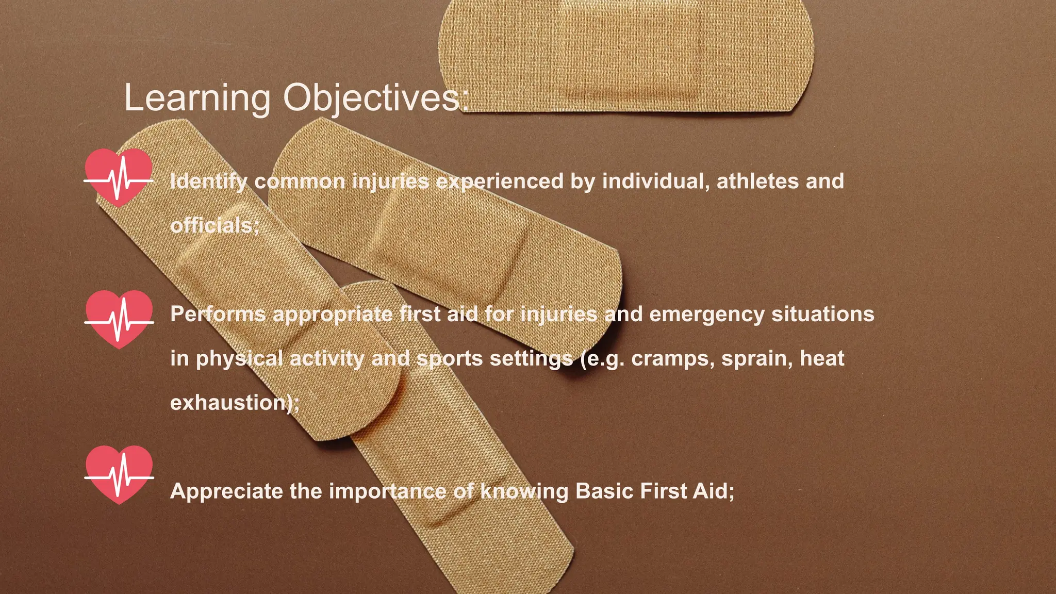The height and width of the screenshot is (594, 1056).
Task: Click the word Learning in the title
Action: (197, 98)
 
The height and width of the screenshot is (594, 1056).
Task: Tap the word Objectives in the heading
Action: (371, 98)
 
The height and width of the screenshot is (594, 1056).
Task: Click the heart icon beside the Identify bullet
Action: (119, 178)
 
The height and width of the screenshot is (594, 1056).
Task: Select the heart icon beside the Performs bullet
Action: (119, 319)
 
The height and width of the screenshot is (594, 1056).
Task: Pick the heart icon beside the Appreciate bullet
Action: (119, 474)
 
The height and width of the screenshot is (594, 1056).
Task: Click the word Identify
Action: (208, 181)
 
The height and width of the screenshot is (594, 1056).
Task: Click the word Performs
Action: (218, 314)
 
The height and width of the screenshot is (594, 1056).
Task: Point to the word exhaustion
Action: (228, 403)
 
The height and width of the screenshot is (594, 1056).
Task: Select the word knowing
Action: (524, 491)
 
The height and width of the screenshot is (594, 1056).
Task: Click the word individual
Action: (656, 181)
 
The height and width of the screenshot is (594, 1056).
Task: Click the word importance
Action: (387, 491)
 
